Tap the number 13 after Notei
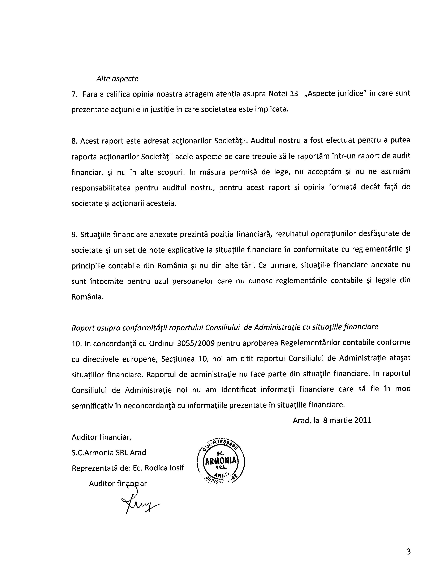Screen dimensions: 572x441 tap(294, 94)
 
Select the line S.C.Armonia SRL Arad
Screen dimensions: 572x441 tap(109, 453)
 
